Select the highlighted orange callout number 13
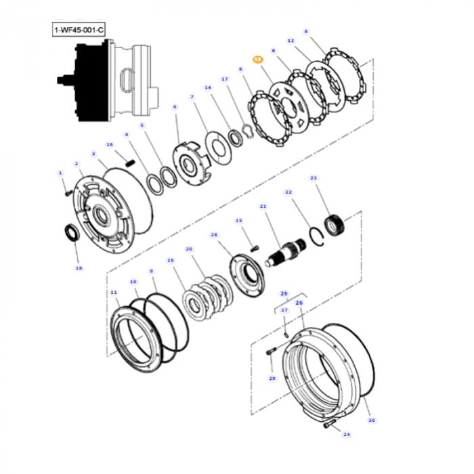(x=257, y=60)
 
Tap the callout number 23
(x=313, y=178)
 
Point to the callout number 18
(x=79, y=268)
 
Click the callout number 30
(x=371, y=420)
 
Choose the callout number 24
(x=347, y=434)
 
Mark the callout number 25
(x=284, y=293)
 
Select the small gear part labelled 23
(x=336, y=224)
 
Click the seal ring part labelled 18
(x=70, y=233)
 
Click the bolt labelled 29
(x=271, y=351)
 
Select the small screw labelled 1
(x=68, y=192)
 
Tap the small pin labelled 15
(x=255, y=247)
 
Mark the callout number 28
(x=215, y=235)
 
